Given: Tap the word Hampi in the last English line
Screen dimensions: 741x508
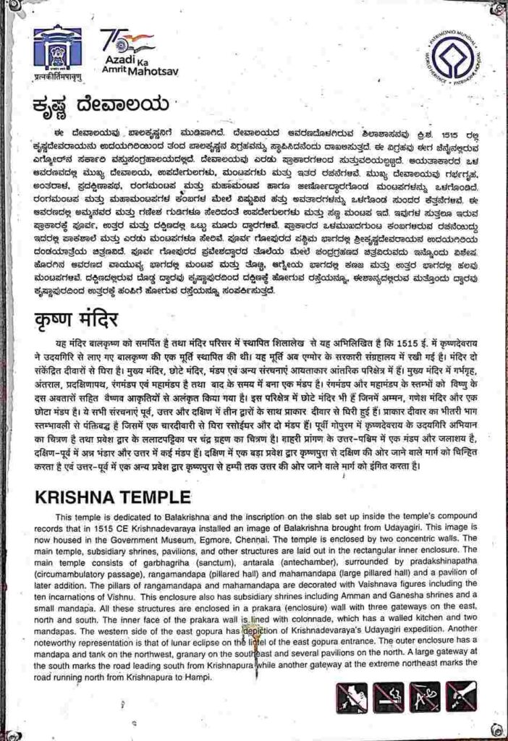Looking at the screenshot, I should (198, 677).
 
